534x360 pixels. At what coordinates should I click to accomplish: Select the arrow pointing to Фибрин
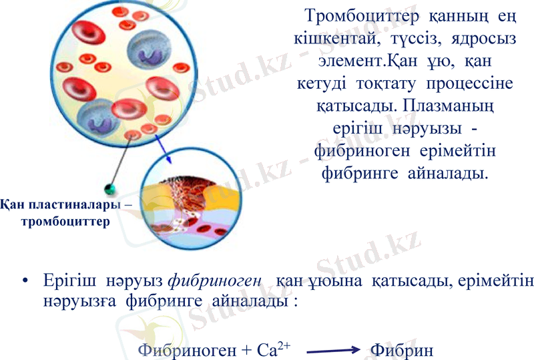[x=330, y=349]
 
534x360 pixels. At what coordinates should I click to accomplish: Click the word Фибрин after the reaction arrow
[x=401, y=349]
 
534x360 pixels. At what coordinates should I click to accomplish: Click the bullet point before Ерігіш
[x=25, y=282]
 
